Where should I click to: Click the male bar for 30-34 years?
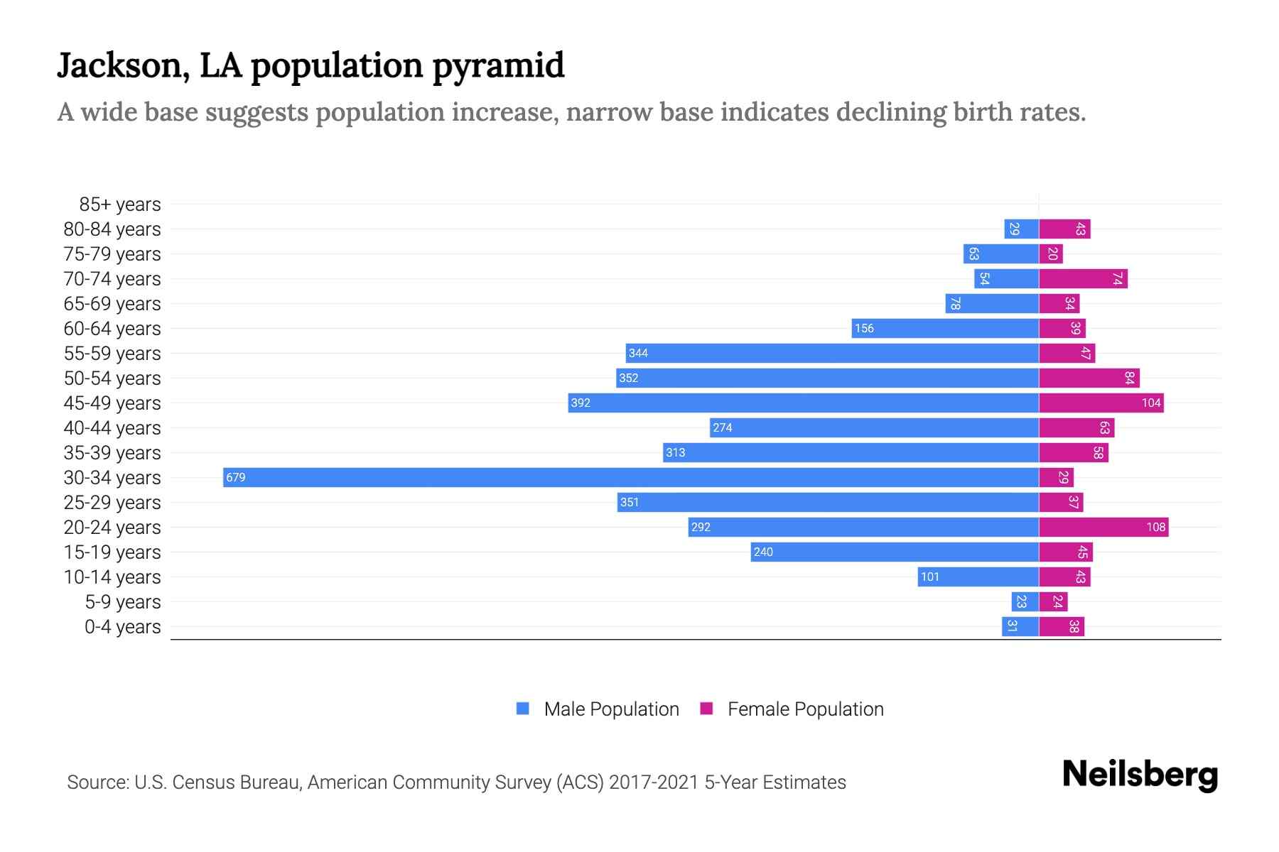click(x=631, y=477)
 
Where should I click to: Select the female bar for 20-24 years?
click(x=1103, y=527)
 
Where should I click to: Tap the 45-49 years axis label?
click(x=112, y=403)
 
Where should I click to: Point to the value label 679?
click(x=236, y=478)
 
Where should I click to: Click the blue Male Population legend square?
click(x=523, y=709)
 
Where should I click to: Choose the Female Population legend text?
click(x=805, y=709)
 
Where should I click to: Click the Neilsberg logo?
click(x=1140, y=775)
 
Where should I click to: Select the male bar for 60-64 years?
click(x=945, y=328)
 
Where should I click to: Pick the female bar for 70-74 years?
click(x=1083, y=279)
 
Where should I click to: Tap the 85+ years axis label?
click(x=120, y=204)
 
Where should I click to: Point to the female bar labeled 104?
click(x=1101, y=403)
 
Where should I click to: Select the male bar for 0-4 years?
click(x=1020, y=627)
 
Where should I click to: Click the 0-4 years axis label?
click(x=122, y=627)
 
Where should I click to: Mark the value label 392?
click(x=581, y=403)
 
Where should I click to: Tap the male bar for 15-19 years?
click(x=895, y=552)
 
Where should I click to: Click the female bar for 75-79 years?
click(x=1051, y=254)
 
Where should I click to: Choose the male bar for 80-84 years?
click(x=1021, y=229)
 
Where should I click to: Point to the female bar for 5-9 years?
click(x=1053, y=602)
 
